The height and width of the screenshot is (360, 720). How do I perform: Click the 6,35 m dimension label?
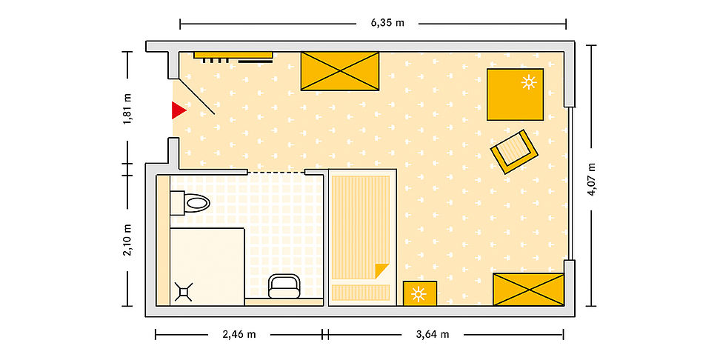387,23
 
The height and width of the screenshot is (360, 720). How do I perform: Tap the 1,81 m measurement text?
128,109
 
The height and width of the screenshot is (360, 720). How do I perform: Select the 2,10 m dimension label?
128,240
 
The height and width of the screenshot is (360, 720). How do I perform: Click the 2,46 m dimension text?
239,334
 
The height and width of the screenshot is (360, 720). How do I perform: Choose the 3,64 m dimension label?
432,334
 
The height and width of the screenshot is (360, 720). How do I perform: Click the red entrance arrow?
179,110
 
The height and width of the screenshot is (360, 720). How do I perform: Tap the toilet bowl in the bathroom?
197,203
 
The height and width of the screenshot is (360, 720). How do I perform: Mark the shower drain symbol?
184,292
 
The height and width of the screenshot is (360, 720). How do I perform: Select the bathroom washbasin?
284,286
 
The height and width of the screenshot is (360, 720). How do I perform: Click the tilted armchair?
514,152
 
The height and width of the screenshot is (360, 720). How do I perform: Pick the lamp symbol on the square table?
529,81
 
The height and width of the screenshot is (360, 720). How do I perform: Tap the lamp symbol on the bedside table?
419,294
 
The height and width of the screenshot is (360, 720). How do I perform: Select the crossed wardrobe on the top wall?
340,71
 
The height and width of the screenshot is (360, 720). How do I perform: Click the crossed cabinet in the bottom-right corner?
529,290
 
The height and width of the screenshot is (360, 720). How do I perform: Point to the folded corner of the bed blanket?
381,270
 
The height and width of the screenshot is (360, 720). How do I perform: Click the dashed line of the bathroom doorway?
276,172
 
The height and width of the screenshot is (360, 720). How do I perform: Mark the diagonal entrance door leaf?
196,97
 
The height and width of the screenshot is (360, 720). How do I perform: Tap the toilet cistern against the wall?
177,203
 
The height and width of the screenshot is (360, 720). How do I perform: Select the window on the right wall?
570,184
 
